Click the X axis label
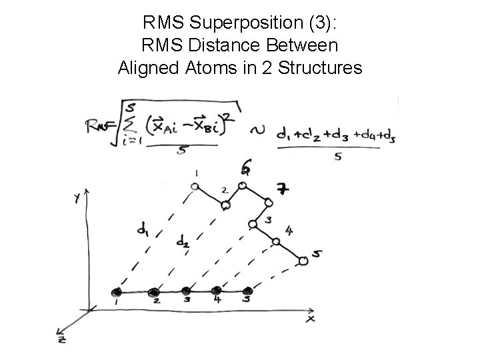(310, 319)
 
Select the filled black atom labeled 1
(117, 292)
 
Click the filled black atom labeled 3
(187, 291)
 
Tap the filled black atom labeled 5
(249, 291)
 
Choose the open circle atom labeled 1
(195, 187)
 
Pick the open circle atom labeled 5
(304, 261)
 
